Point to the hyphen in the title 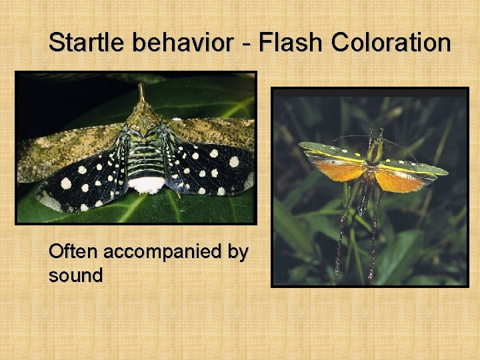click(245, 44)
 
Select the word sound click(75, 275)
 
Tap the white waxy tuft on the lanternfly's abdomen click(147, 184)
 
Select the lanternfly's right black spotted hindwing click(210, 170)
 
